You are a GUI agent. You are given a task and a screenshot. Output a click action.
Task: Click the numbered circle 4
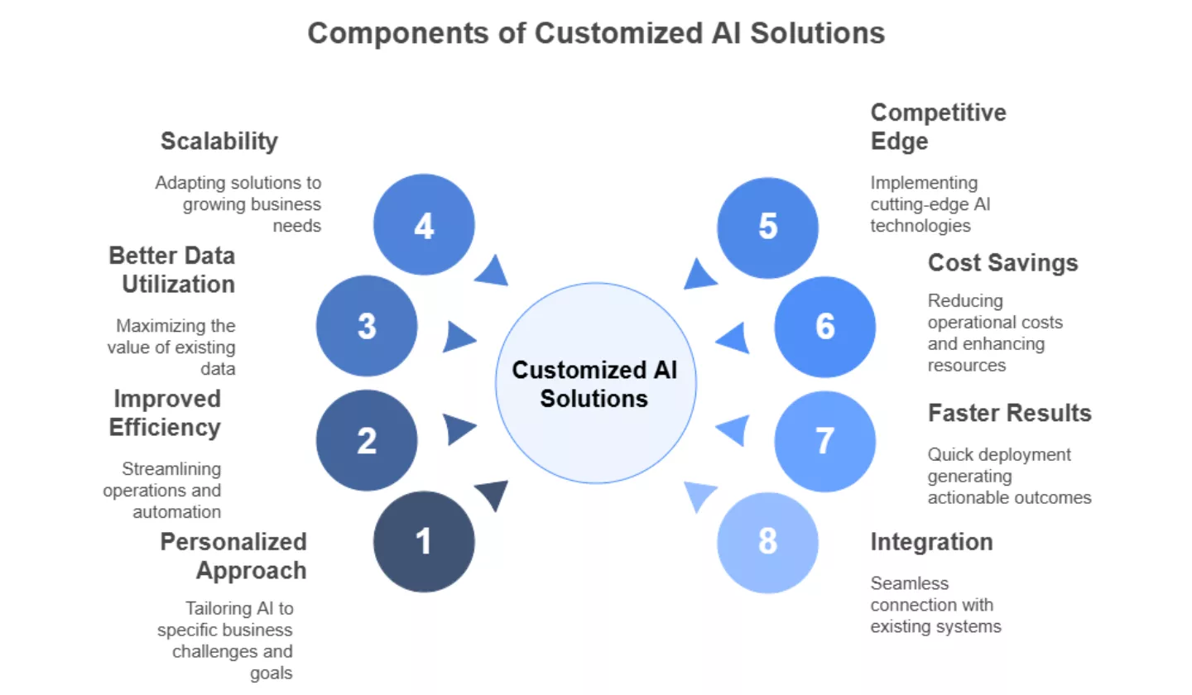424,225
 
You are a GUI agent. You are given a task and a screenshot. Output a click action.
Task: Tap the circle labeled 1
424,542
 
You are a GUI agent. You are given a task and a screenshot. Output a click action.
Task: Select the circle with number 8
767,542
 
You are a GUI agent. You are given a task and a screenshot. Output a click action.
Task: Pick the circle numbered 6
824,327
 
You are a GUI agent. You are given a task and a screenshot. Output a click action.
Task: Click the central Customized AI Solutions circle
595,383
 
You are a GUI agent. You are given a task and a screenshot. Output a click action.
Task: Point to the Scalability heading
219,141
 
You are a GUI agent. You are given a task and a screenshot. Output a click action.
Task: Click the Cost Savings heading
1002,262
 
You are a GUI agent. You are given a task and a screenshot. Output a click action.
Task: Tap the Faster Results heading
1009,412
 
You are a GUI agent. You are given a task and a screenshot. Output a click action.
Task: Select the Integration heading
931,542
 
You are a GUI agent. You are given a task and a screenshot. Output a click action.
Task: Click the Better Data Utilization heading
172,270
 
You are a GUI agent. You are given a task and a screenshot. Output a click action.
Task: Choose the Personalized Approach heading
233,556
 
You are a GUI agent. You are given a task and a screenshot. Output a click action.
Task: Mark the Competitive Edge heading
938,127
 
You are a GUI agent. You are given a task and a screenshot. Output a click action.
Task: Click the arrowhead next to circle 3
459,337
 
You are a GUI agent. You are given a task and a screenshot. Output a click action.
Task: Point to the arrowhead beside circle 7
733,430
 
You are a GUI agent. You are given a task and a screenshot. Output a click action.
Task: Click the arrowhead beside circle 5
699,275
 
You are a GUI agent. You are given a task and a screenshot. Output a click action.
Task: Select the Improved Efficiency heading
166,413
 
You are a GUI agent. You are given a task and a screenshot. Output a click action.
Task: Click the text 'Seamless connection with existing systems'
935,605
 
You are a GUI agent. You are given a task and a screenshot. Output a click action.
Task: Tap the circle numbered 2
367,441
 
